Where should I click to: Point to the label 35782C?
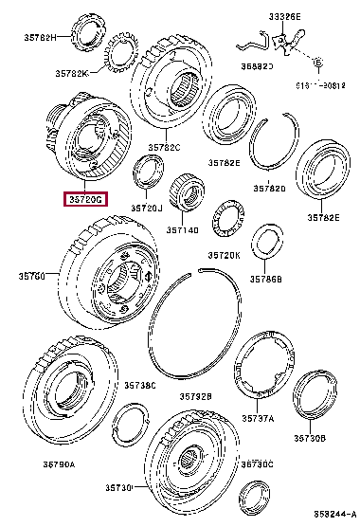coord(164,148)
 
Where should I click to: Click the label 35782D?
coord(272,189)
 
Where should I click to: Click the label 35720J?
coord(148,208)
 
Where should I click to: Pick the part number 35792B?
coord(194,395)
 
